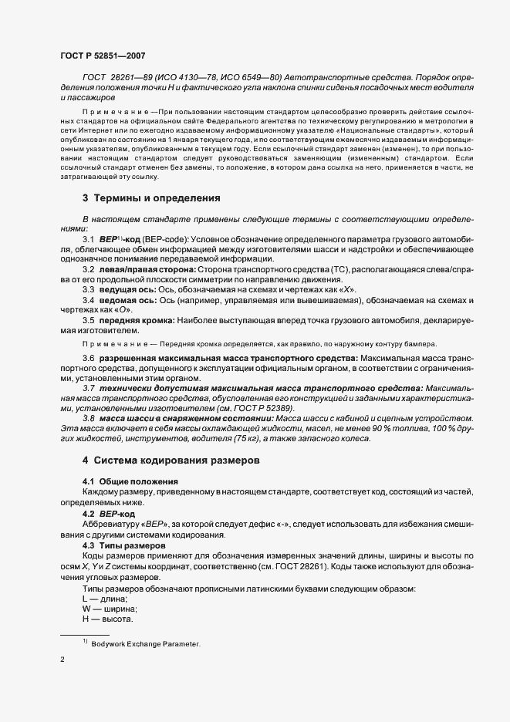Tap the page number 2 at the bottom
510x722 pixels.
(x=61, y=660)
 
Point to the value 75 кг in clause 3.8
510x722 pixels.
(x=249, y=438)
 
